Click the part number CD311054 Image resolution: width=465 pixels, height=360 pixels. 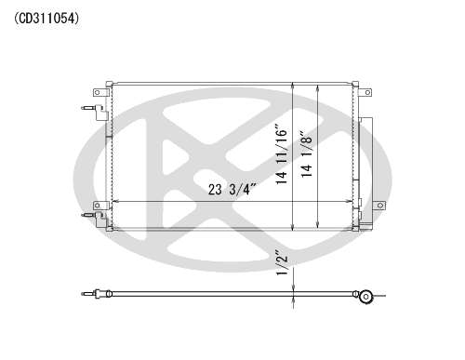point(46,19)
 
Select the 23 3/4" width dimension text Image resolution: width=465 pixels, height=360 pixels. point(232,190)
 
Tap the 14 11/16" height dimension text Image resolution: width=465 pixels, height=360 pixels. point(282,154)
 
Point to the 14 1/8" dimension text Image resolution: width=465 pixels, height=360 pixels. point(307,153)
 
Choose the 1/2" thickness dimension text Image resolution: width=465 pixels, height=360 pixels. point(282,263)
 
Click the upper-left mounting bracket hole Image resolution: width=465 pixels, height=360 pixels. point(97,92)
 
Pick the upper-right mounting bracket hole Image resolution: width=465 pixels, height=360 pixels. point(367,92)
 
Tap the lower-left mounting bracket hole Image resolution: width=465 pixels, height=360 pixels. point(97,206)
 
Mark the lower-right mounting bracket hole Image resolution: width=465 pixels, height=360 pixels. point(380,206)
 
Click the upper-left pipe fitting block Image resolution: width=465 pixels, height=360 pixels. point(100,113)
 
